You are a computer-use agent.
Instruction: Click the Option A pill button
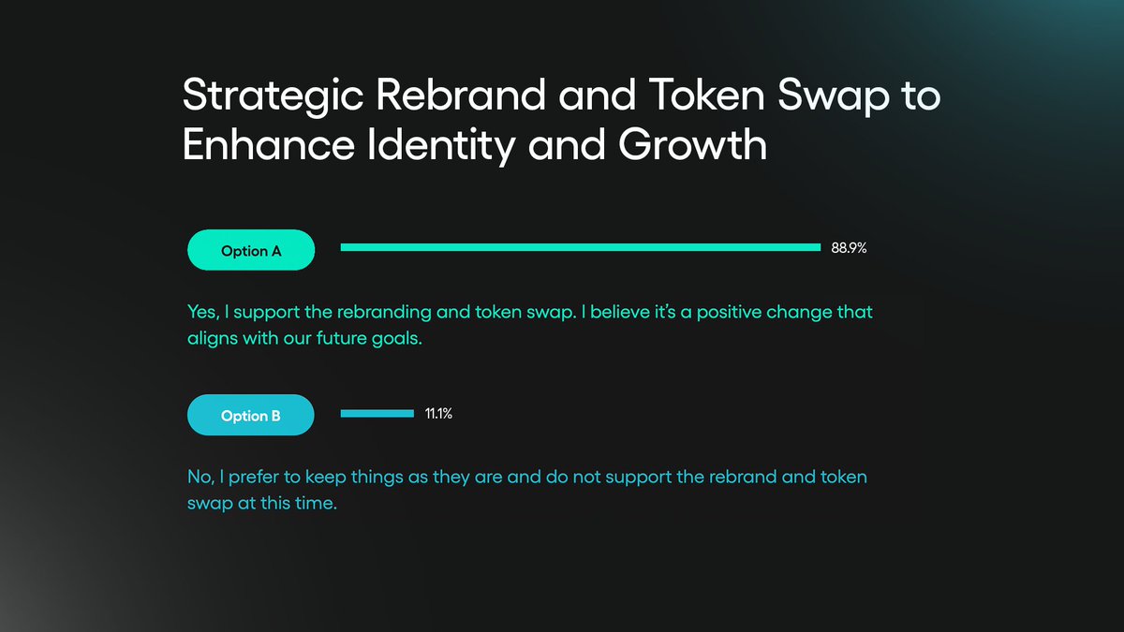tap(250, 250)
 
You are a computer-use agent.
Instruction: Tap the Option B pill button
tap(250, 415)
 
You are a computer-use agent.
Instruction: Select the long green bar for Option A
tap(581, 247)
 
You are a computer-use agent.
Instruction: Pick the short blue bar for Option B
tap(377, 413)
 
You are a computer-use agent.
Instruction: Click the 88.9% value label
tap(849, 248)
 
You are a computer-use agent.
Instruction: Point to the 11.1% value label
tap(438, 413)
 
